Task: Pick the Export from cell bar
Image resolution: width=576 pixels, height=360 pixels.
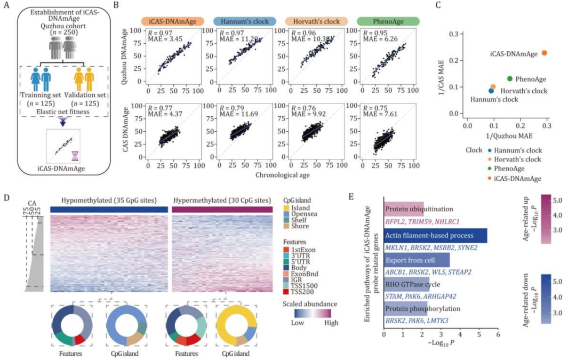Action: click(x=417, y=260)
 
